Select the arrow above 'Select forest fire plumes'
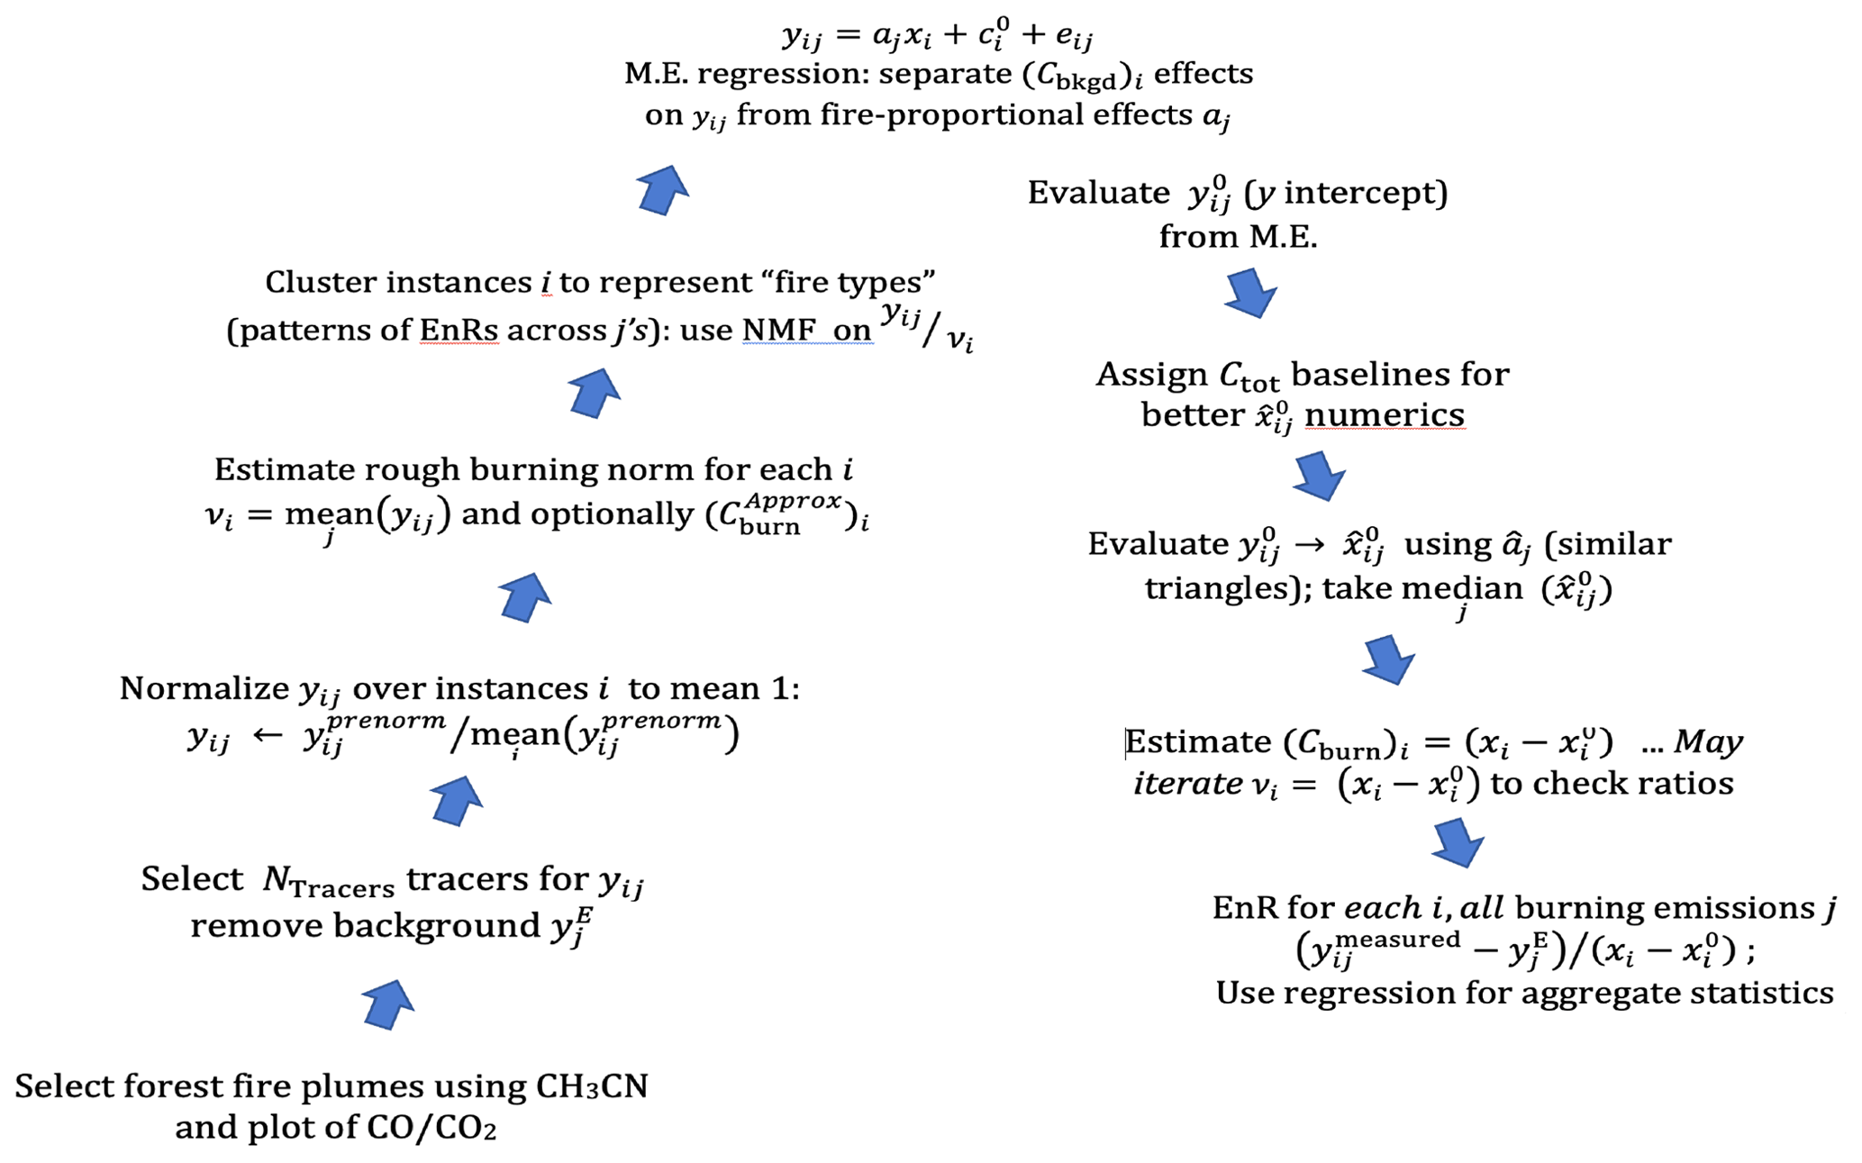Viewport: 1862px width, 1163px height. [388, 1004]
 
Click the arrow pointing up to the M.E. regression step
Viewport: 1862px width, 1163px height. [662, 190]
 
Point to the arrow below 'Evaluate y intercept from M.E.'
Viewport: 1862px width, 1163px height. [1250, 292]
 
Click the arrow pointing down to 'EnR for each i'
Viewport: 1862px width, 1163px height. [1457, 842]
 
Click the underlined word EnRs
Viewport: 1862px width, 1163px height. [459, 331]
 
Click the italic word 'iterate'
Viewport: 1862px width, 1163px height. [1187, 784]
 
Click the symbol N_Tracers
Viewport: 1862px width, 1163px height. [328, 881]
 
